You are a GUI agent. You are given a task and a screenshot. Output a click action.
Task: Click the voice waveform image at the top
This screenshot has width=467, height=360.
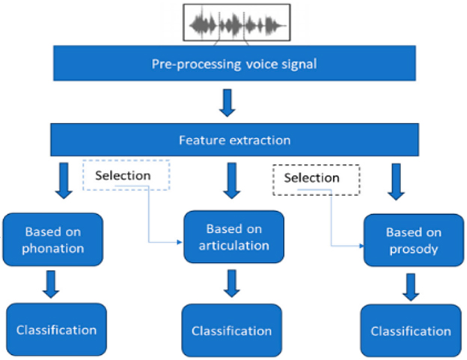236,22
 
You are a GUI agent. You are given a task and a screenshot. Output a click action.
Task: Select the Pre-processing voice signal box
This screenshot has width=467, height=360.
235,63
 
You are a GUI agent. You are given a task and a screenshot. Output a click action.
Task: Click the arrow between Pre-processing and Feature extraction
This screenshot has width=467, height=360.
228,103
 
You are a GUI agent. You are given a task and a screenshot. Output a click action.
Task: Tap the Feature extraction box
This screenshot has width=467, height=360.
235,140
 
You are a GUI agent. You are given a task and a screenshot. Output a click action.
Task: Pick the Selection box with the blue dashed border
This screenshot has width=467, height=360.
126,175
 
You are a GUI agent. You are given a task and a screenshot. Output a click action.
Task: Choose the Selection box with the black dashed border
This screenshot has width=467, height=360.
317,180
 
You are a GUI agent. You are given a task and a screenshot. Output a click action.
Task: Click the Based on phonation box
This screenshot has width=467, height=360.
53,240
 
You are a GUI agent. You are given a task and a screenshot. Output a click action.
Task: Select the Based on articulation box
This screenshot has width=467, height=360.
233,237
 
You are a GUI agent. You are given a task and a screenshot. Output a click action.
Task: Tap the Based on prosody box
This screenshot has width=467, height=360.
414,240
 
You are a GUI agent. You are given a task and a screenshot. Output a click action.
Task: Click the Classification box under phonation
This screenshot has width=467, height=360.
57,329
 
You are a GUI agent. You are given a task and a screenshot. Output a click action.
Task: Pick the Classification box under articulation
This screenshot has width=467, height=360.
232,330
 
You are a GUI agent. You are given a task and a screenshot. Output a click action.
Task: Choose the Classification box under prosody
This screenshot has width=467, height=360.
411,331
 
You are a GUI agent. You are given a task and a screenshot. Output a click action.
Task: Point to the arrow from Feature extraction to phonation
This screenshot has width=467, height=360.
64,180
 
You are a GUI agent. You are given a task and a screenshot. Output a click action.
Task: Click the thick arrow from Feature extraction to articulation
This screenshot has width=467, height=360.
232,180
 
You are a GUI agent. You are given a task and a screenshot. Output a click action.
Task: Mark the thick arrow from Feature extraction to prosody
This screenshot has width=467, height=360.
396,181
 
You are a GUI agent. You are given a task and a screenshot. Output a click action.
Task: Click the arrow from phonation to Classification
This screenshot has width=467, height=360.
51,284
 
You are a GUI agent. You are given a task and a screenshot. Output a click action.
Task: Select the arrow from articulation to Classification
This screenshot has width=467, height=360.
232,284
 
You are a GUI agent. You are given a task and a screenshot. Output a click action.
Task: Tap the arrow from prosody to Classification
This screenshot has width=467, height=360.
411,287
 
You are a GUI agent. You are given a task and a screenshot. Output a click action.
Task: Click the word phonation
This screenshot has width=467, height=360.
53,248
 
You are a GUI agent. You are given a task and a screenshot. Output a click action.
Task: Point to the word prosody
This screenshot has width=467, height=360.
414,249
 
